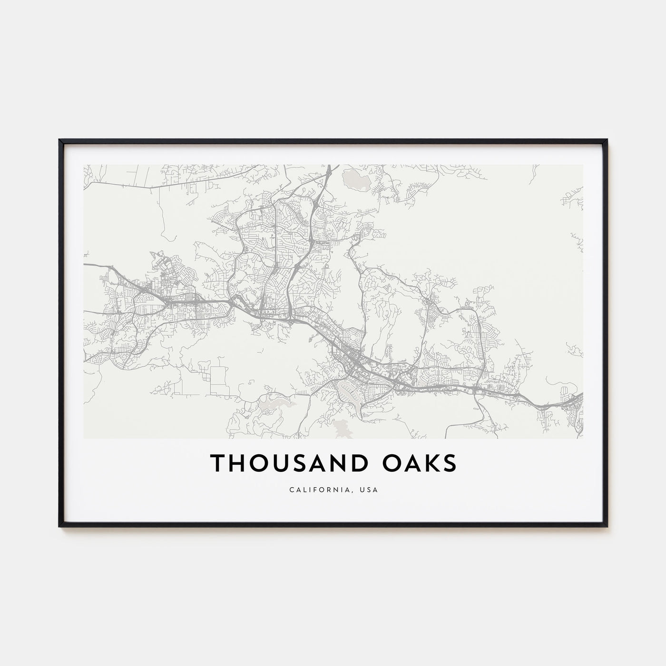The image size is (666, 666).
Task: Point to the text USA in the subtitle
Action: [371, 490]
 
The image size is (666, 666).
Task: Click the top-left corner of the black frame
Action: [59, 140]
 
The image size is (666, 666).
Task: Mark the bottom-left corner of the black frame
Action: [59, 526]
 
